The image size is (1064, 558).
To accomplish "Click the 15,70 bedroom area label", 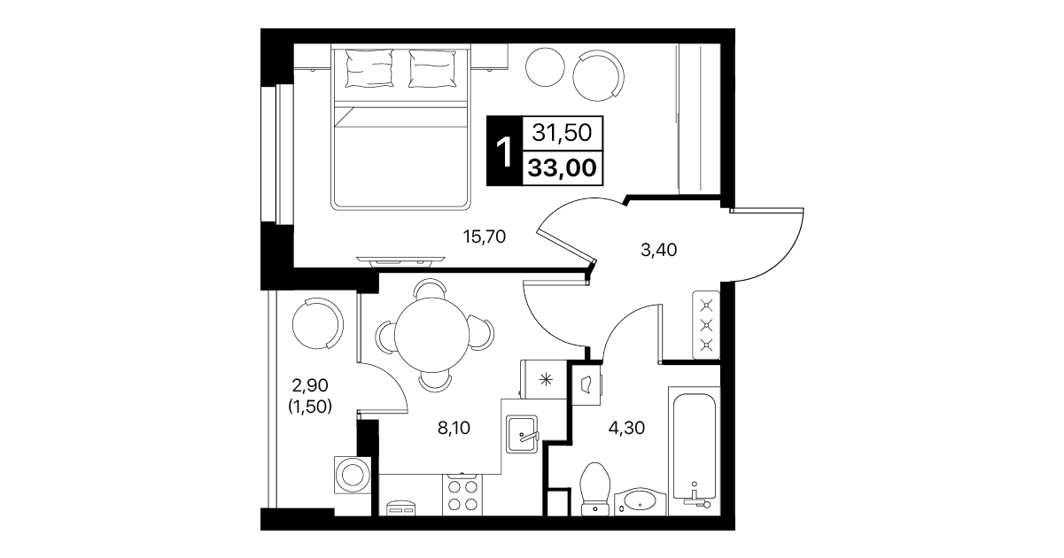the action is [485, 236].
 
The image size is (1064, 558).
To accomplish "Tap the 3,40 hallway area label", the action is [659, 249].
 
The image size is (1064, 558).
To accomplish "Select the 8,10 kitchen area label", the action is [454, 428].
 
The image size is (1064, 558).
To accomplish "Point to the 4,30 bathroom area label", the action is [626, 428].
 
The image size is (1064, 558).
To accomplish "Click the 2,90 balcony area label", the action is [310, 385].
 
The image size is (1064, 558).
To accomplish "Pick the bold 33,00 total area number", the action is [563, 167].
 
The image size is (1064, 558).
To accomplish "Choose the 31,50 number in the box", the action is [562, 133].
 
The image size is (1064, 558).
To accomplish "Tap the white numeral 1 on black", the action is [504, 151].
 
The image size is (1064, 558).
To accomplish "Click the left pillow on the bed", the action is [370, 69].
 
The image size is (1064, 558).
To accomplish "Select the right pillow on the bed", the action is [432, 69].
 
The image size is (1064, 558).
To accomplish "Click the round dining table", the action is [431, 335].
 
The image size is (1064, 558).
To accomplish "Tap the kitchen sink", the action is [522, 434].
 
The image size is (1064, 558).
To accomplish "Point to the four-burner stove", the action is [462, 495].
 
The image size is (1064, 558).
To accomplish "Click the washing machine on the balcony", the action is [353, 475].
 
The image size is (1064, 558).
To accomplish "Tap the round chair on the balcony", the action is [317, 323].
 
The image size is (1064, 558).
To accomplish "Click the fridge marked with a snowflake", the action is [544, 379].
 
